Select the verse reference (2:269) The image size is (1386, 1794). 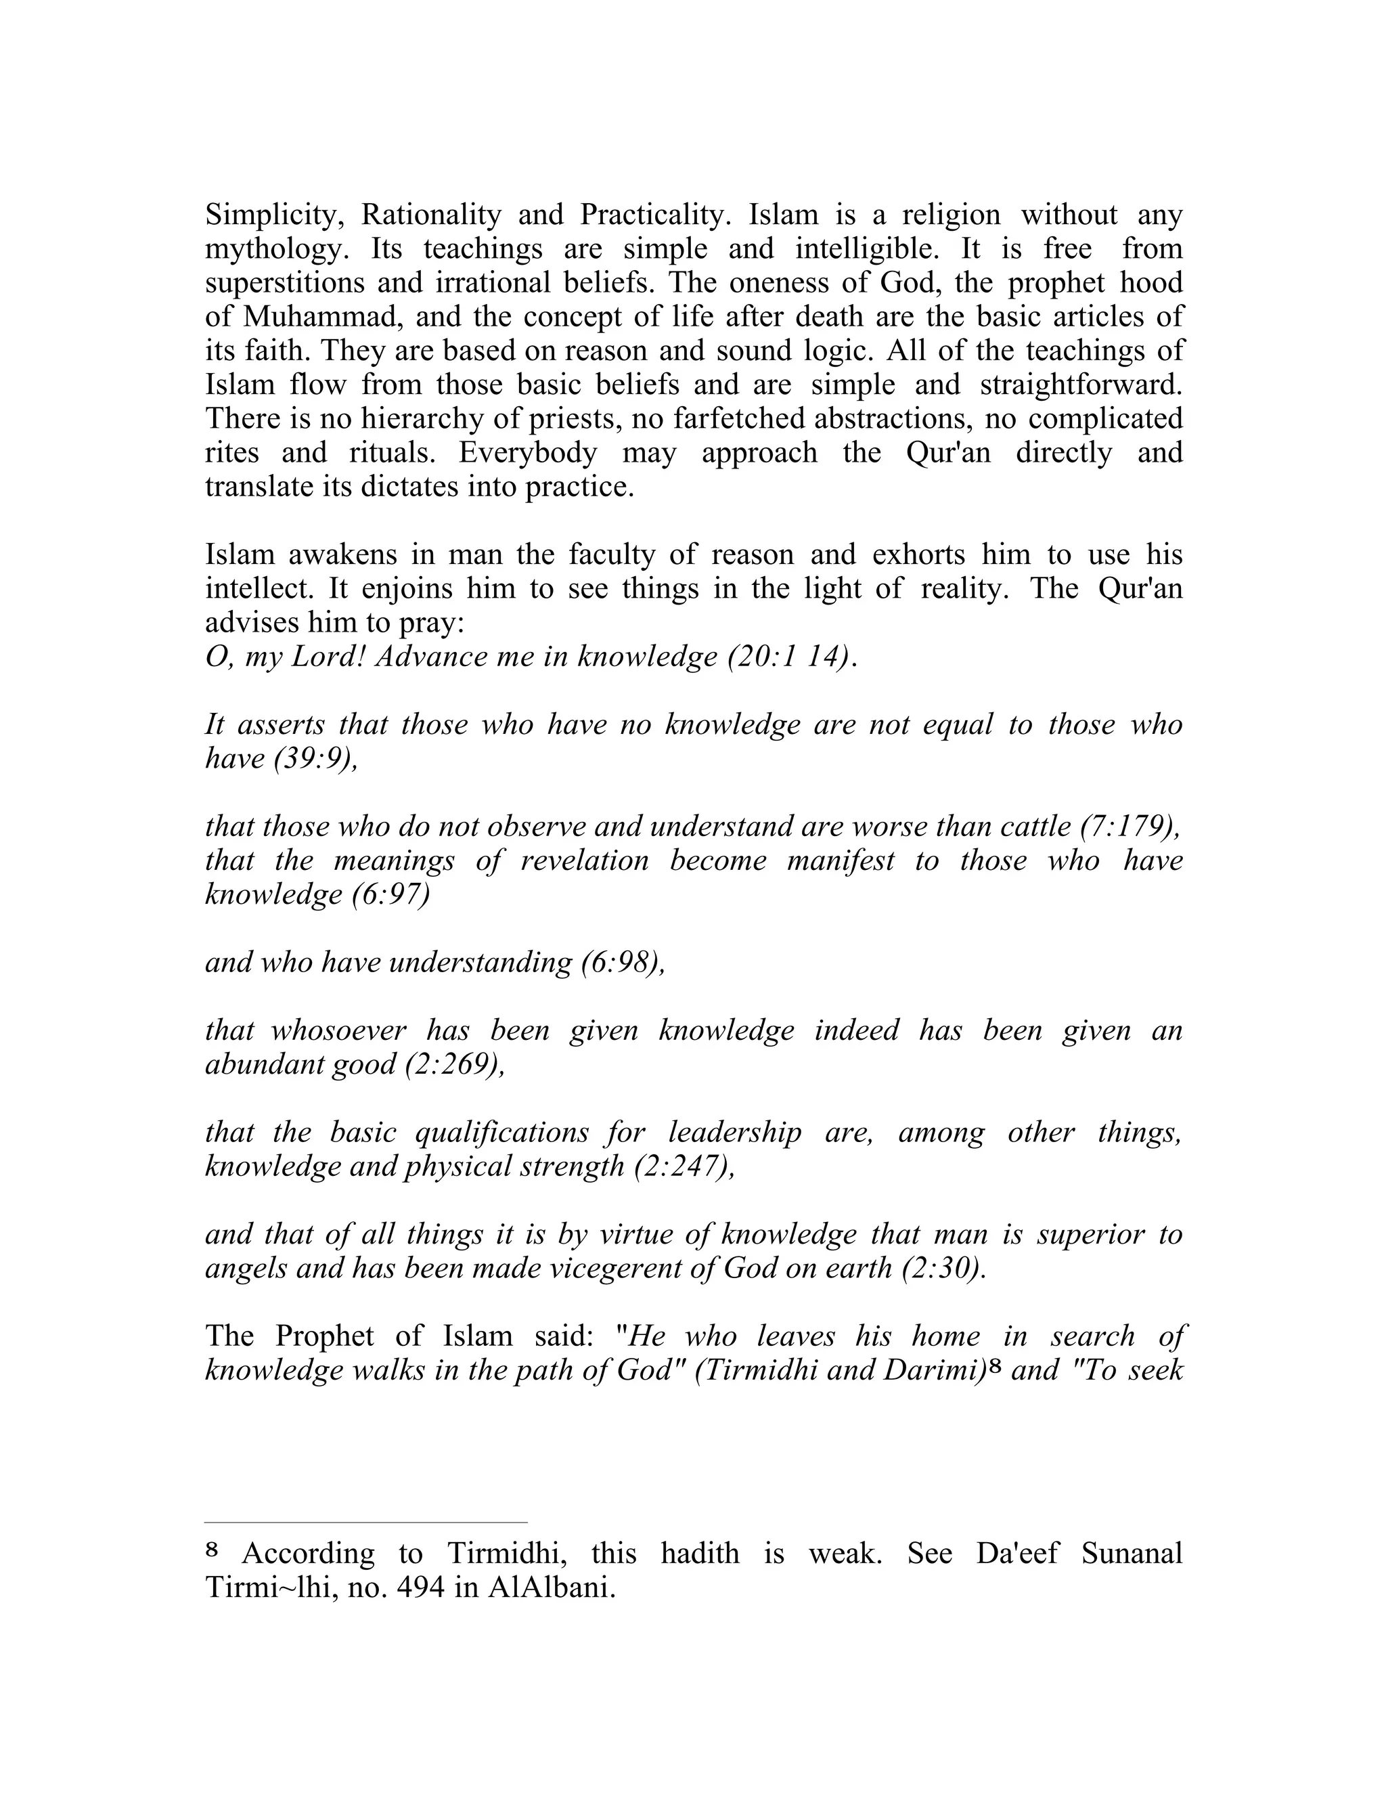coord(455,1065)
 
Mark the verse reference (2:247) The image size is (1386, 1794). coord(685,1166)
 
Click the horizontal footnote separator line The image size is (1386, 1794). coord(366,1521)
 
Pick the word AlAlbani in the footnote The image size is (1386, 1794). coord(551,1588)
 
